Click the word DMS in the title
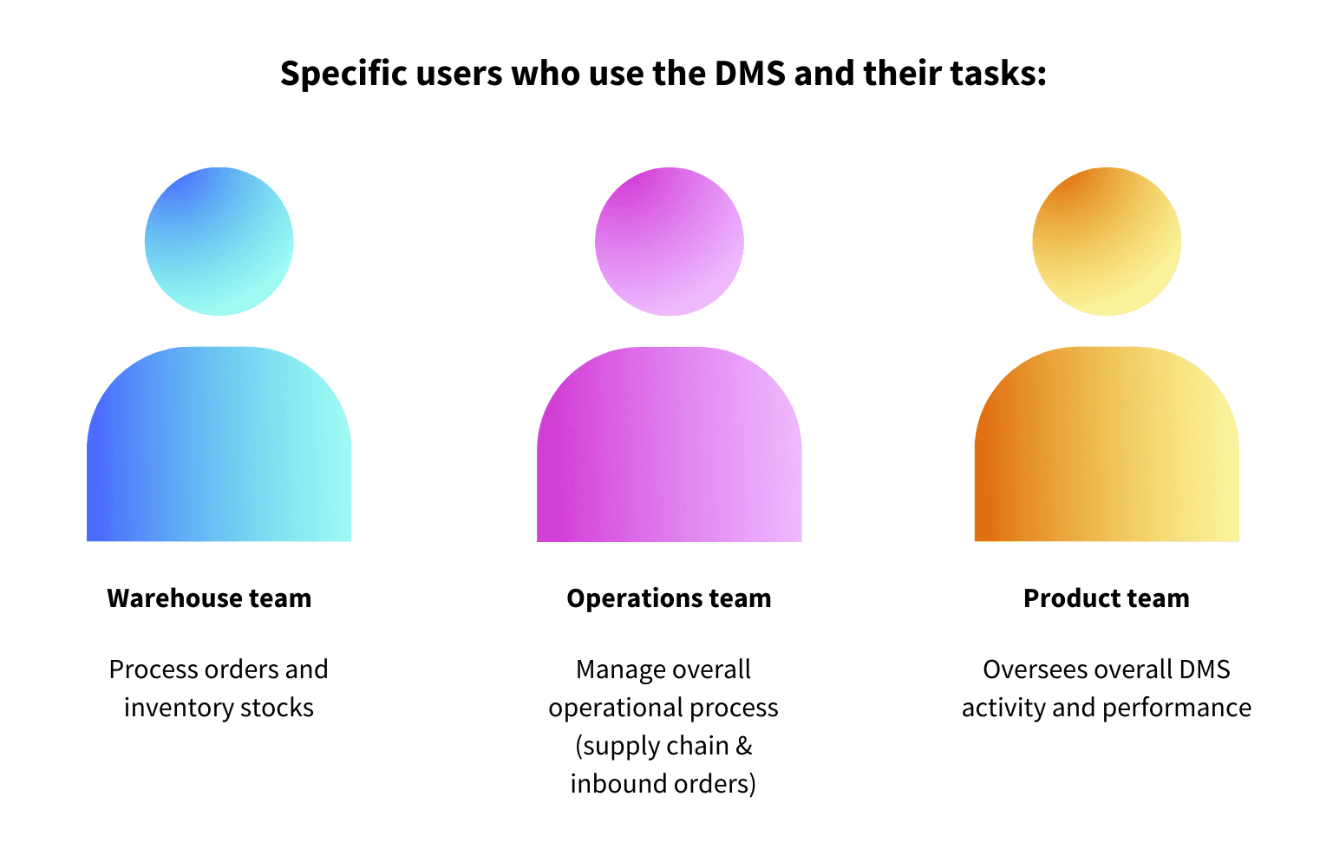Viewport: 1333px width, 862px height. pyautogui.click(x=750, y=74)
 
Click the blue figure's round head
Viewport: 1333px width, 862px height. pyautogui.click(x=219, y=241)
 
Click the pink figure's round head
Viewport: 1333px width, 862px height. pyautogui.click(x=670, y=241)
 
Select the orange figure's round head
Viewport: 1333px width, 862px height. pyautogui.click(x=1107, y=241)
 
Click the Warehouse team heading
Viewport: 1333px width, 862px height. pyautogui.click(x=209, y=598)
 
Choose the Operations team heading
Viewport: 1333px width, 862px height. pyautogui.click(x=669, y=598)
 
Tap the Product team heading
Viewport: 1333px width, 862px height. pyautogui.click(x=1107, y=598)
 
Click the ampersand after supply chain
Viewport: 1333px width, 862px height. pyautogui.click(x=744, y=746)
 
